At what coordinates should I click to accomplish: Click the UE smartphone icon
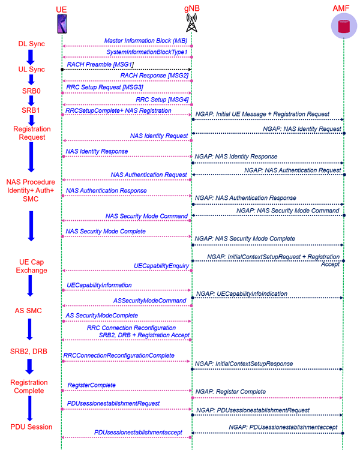[62, 23]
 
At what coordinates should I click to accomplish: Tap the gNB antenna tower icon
[191, 22]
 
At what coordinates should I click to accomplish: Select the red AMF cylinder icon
[344, 26]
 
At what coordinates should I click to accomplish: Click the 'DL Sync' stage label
[32, 44]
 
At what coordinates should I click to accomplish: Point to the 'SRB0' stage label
[31, 91]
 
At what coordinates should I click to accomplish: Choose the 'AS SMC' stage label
[28, 311]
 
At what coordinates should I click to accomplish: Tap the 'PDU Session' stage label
[31, 427]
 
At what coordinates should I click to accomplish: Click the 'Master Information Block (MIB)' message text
[146, 41]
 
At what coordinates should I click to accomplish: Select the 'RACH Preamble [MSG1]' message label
[100, 64]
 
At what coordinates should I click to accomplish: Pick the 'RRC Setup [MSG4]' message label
[162, 100]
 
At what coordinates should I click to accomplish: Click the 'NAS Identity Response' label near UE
[97, 151]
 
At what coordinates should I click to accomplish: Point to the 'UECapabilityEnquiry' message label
[161, 266]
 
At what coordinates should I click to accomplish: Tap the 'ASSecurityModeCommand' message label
[149, 301]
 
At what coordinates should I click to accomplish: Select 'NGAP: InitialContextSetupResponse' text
[244, 364]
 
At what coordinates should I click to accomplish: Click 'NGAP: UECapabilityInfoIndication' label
[242, 293]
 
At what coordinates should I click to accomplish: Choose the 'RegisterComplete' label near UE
[92, 385]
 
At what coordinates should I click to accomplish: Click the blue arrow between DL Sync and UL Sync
[31, 57]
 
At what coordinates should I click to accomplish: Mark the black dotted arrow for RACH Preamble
[127, 70]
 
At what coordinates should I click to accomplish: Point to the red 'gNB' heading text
[192, 8]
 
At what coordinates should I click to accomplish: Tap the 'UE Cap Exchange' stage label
[31, 266]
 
